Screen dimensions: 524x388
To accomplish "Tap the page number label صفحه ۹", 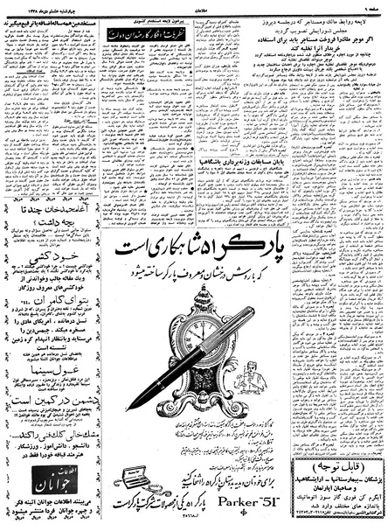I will pos(371,7).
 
